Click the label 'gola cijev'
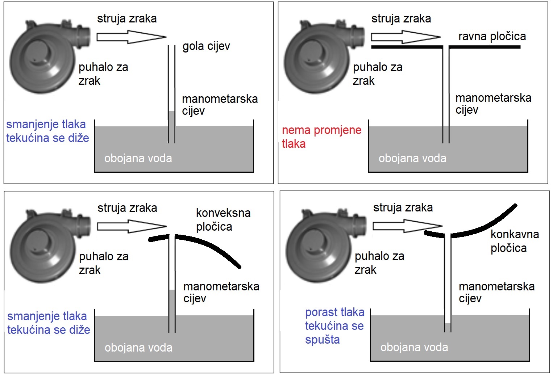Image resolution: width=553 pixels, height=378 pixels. (x=206, y=46)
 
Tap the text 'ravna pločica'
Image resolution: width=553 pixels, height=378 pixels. (x=492, y=37)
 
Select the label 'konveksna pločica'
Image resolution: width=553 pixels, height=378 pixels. (x=223, y=219)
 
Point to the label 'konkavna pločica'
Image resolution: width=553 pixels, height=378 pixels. (x=514, y=241)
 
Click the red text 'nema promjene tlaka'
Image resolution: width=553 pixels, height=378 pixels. (x=321, y=137)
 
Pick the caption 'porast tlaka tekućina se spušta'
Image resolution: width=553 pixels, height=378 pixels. (x=334, y=325)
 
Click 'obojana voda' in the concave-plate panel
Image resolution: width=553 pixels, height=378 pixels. (x=414, y=347)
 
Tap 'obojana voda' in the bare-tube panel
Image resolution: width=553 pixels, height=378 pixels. (x=138, y=158)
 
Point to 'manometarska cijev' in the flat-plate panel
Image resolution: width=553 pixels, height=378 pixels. (x=493, y=104)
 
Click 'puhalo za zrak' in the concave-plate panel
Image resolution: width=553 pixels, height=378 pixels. (x=379, y=262)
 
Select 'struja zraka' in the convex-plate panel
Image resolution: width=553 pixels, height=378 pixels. (x=127, y=208)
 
